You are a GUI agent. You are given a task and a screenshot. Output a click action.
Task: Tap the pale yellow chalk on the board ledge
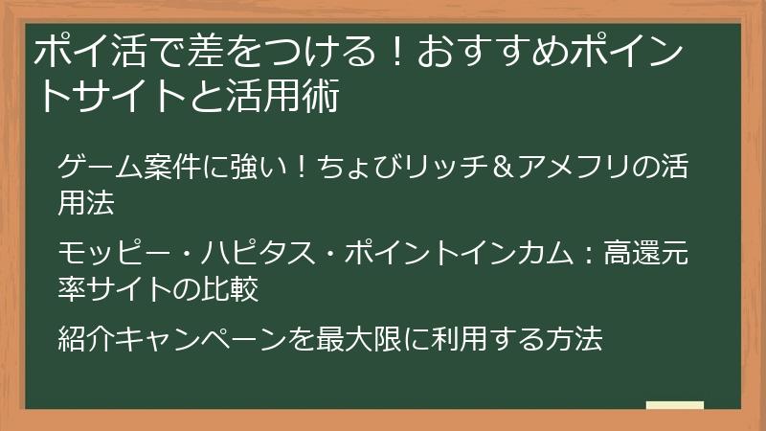pos(674,405)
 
